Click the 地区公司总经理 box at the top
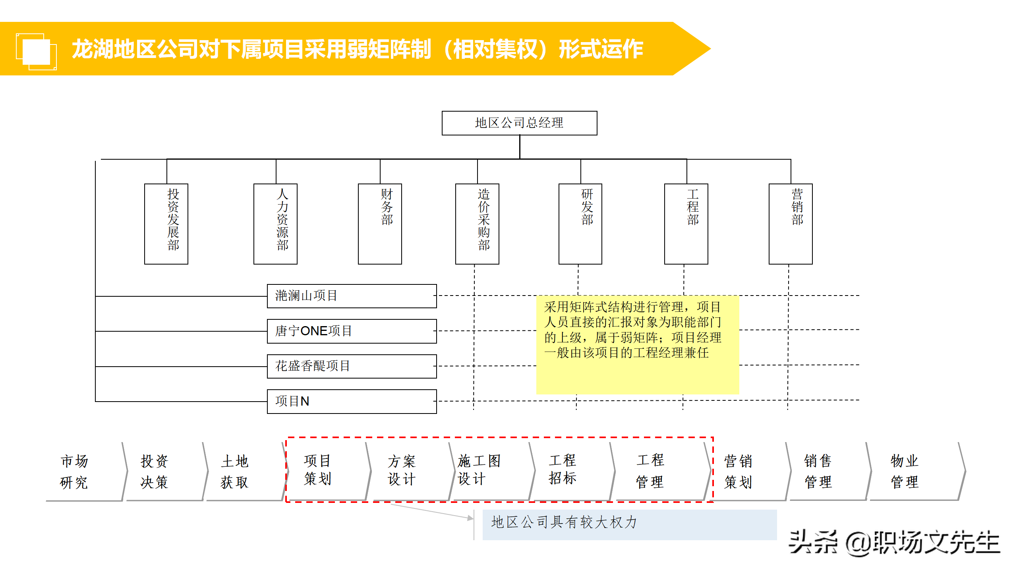[519, 123]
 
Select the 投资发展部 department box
[166, 224]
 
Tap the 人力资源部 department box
[275, 224]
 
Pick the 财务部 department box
[380, 224]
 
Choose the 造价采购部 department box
[477, 224]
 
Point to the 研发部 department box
[580, 224]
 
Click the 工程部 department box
[686, 224]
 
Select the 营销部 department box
[791, 224]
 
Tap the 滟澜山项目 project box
[352, 296]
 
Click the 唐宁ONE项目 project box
[352, 331]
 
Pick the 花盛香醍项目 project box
[352, 366]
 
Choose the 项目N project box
[352, 401]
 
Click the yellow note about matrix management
[637, 344]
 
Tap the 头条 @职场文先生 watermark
[893, 543]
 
